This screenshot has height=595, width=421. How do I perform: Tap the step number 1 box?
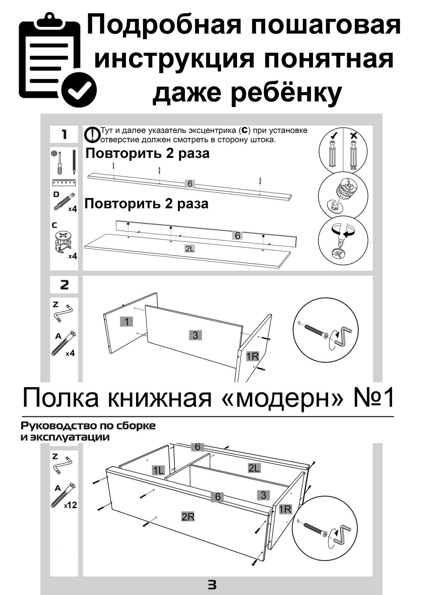coord(64,135)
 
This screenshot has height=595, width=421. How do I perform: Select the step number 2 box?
coord(64,285)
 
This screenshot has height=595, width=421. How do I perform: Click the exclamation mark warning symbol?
coord(93,134)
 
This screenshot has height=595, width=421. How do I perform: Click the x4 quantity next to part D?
coord(72,209)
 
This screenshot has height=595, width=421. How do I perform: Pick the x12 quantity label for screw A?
coord(70,505)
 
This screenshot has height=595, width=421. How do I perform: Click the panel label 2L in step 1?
coord(189,249)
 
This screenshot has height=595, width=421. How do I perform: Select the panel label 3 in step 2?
coord(195,335)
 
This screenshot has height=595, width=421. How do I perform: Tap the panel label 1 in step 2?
coord(127,322)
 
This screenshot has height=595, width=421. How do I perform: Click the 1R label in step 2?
coord(252,356)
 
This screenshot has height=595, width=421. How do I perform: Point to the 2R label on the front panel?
coord(188,517)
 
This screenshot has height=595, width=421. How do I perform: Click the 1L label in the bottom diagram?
coord(158,471)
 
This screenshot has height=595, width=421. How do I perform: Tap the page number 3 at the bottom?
coord(212,585)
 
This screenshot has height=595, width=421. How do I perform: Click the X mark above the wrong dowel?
coord(354,136)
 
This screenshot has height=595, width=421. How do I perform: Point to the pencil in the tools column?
coord(74,162)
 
